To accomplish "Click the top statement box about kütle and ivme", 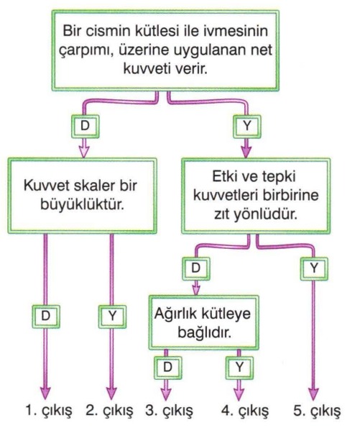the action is pos(165,50).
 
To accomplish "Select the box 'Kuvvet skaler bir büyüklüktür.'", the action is pos(82,196).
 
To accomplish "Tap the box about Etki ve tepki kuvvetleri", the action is pos(256,196).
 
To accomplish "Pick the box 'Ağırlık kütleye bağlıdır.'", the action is pos(203,322).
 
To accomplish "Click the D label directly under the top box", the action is pos(85,126).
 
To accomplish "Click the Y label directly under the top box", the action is pos(246,126).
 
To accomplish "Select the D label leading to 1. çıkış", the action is pos(46,316).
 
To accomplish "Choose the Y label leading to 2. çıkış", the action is pos(112,316).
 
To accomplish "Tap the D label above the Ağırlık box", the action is pos(196,268).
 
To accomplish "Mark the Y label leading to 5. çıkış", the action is pos(314,268).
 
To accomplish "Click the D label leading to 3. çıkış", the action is pos(167,368).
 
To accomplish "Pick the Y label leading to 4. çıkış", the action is pos(239,368).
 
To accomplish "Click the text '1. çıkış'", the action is pos(49,411).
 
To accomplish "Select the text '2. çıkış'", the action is pos(109,411).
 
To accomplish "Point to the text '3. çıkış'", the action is pos(169,411).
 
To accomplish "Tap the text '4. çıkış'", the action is pos(244,411).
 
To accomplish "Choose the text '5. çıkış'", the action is pos(317,411).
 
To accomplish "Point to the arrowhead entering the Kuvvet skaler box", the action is pos(84,152).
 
